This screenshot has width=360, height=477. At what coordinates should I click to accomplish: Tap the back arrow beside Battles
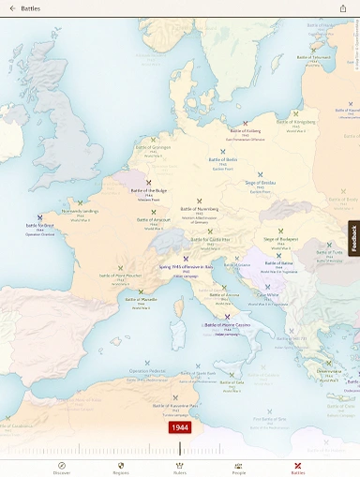pos(12,8)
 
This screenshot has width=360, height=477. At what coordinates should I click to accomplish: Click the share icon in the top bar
pos(343,8)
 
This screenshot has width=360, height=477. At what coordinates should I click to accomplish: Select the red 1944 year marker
pos(180,427)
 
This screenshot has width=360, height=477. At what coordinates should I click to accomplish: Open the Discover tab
pos(62,468)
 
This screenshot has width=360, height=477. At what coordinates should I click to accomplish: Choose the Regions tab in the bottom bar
pos(120,468)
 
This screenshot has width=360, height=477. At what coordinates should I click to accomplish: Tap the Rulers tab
pos(180,468)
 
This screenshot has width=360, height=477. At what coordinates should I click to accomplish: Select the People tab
pos(238,468)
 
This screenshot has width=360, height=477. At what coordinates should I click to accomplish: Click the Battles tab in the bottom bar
pos(297,468)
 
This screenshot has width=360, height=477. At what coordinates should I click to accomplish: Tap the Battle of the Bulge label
pos(148,189)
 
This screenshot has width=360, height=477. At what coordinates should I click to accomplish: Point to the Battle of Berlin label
pos(223,159)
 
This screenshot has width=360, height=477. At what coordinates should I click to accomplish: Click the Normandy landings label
pos(80,211)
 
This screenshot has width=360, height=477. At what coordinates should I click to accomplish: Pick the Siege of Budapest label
pos(280,240)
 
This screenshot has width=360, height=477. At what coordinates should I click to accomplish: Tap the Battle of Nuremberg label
pos(198,208)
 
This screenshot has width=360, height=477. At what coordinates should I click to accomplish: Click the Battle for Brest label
pos(39,225)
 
